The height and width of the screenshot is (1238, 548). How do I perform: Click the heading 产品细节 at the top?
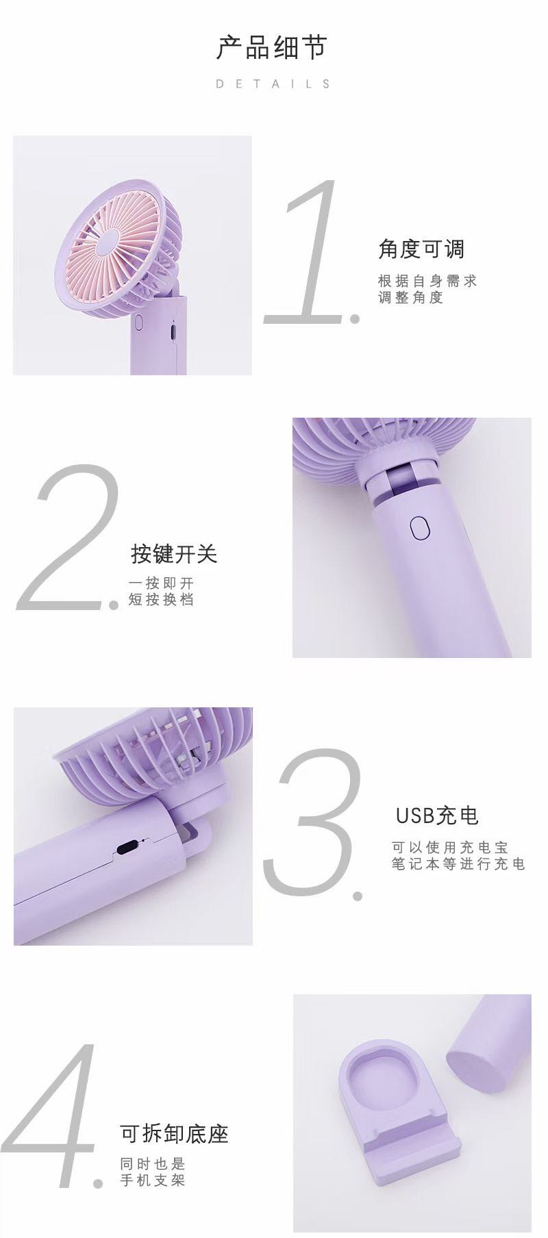[x=273, y=48]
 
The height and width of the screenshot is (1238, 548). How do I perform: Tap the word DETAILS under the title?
[x=273, y=84]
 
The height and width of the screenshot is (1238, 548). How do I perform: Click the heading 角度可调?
[x=421, y=249]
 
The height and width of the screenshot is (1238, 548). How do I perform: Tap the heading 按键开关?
[x=174, y=554]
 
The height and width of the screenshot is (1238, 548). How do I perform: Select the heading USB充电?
[x=437, y=816]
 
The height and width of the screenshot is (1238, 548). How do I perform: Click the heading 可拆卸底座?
[x=174, y=1134]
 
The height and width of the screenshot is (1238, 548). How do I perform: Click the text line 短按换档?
[x=161, y=600]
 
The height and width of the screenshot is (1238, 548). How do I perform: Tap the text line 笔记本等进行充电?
[x=458, y=864]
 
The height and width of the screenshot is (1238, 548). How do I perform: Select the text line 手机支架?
[x=153, y=1180]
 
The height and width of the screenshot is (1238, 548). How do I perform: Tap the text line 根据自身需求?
[x=427, y=281]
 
